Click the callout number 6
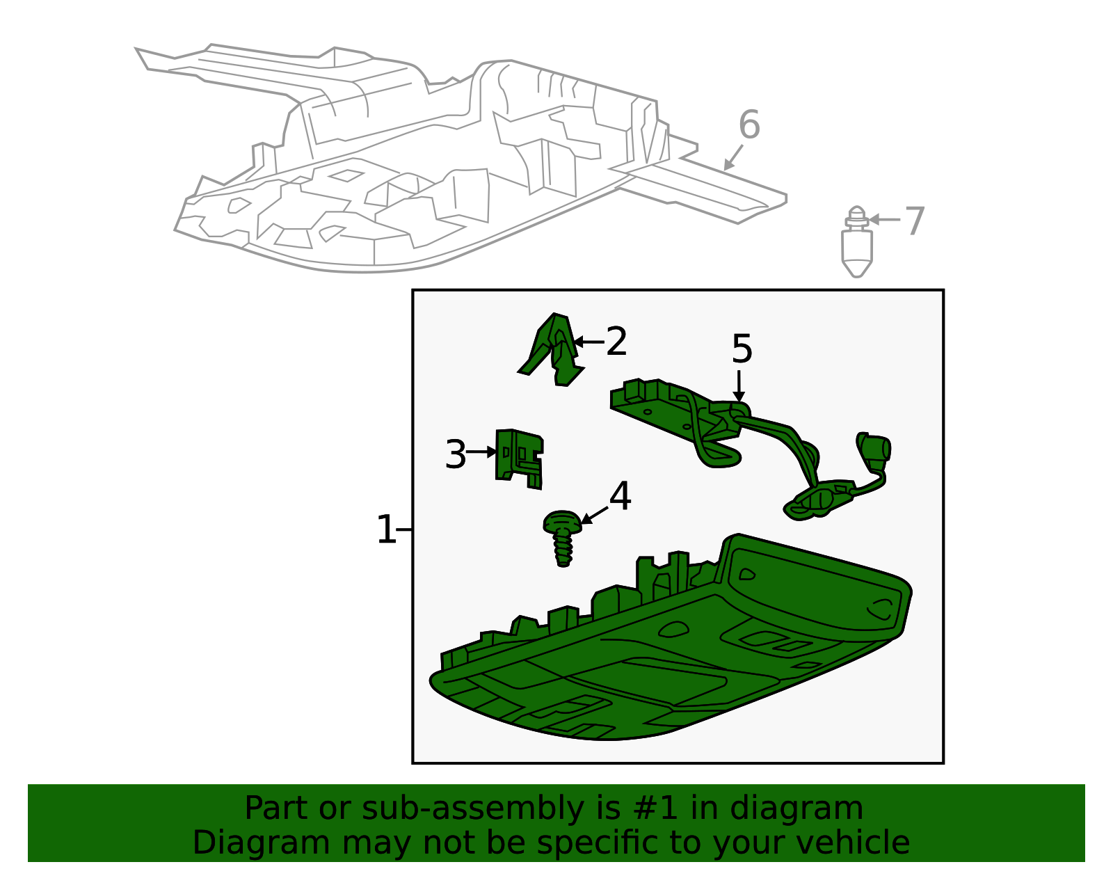pos(749,125)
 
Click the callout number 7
pos(914,221)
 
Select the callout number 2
pos(616,341)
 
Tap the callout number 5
pos(742,349)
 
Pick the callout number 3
pos(456,454)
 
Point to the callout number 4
pos(620,495)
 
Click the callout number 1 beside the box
pos(386,529)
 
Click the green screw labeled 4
pos(562,539)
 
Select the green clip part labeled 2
pos(551,349)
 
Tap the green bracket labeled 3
pos(519,459)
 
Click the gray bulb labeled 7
pos(857,241)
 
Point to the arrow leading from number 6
pos(732,158)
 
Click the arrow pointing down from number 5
pos(739,386)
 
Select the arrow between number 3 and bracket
pos(481,452)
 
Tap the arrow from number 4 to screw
pos(594,515)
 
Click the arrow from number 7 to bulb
pos(885,220)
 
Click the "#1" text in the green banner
pos(655,808)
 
